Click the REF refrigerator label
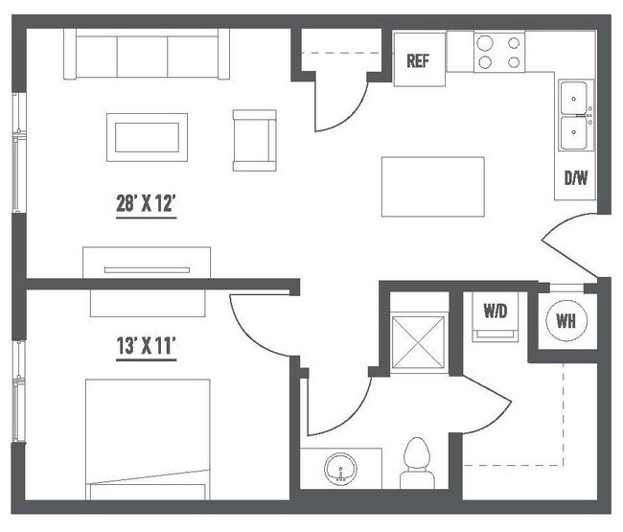[417, 61]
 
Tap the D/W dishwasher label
[575, 178]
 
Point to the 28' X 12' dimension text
[146, 204]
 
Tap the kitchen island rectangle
[432, 186]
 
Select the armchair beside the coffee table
[254, 139]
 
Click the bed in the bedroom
[148, 438]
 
